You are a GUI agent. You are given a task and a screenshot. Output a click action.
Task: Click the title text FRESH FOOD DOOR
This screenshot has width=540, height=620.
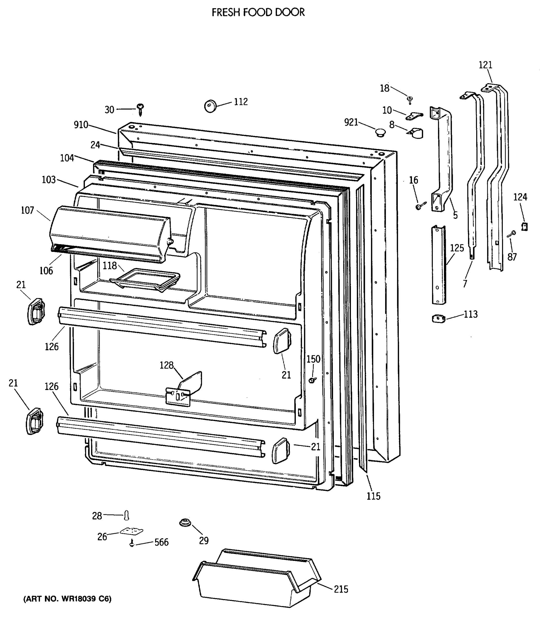(x=258, y=12)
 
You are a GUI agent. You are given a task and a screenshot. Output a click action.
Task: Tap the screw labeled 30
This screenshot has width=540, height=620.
(x=140, y=109)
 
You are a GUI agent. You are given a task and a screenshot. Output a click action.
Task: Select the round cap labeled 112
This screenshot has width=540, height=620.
(x=210, y=106)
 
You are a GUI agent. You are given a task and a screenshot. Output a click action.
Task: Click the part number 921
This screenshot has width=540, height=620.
(x=351, y=122)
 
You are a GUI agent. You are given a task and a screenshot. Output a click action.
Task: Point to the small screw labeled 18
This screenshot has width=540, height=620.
(x=410, y=99)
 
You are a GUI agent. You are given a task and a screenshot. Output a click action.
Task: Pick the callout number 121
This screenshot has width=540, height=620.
(x=486, y=65)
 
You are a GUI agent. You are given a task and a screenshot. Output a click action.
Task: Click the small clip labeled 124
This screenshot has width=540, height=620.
(x=525, y=226)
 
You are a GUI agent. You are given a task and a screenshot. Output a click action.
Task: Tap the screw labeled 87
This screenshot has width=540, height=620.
(x=512, y=234)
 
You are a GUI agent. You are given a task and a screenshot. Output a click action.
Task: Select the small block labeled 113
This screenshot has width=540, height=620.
(x=439, y=319)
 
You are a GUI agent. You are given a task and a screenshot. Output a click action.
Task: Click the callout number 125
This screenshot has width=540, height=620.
(x=457, y=248)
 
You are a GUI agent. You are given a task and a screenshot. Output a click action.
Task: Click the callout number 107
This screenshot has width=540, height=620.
(x=27, y=210)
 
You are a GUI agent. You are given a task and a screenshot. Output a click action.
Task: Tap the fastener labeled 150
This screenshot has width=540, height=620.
(x=313, y=380)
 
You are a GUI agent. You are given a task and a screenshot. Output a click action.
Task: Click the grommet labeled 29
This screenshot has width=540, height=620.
(x=185, y=523)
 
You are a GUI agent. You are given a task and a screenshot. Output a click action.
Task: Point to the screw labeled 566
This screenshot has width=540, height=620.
(x=132, y=543)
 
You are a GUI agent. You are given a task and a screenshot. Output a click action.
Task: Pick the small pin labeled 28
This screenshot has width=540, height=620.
(x=126, y=515)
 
